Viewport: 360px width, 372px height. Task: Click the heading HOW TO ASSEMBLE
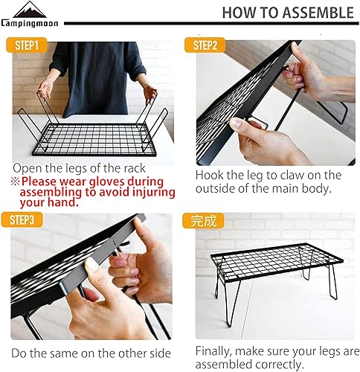coord(287,13)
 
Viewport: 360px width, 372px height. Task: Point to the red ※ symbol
coord(15,181)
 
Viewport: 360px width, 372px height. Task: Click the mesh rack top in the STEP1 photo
coord(89,138)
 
